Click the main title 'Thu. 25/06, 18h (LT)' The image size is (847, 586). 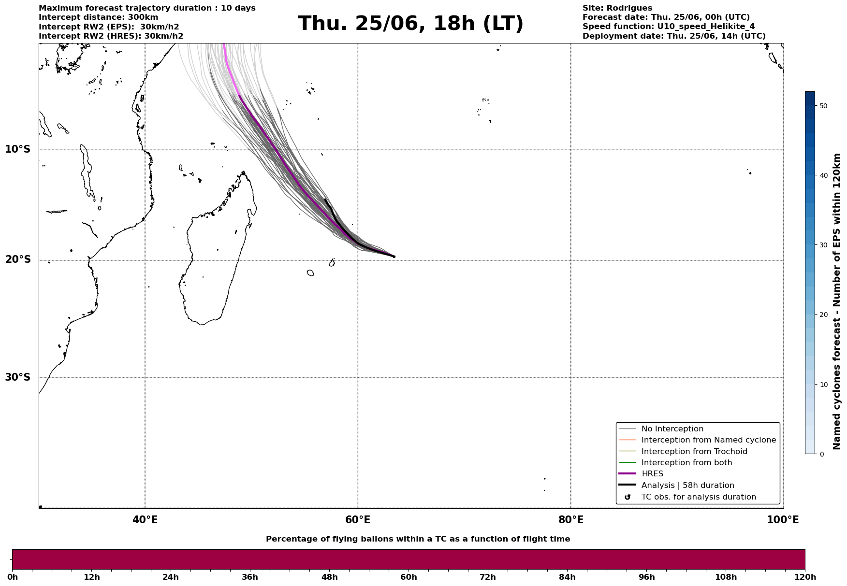tap(410, 24)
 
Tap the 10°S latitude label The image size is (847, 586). tap(17, 149)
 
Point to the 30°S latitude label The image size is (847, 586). tap(17, 377)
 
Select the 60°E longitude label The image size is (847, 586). tap(358, 520)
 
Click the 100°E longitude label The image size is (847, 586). tap(783, 520)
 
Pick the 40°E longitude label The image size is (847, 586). tap(145, 520)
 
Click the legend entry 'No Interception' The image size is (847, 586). tap(672, 429)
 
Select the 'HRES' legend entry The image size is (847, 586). tap(652, 474)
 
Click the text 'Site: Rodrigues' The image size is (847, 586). tap(617, 8)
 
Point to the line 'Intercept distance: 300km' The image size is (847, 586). tap(99, 17)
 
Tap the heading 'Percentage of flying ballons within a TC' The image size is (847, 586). tap(368, 539)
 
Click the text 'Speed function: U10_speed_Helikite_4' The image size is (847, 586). tap(669, 27)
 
